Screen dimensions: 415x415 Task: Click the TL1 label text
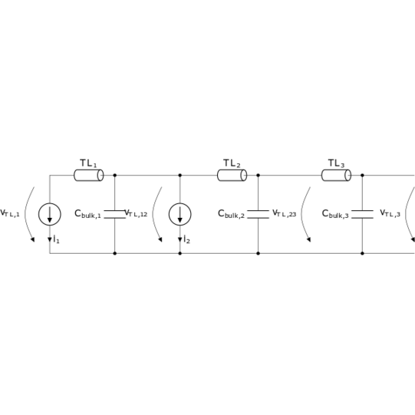88,163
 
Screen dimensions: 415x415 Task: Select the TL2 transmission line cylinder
232,175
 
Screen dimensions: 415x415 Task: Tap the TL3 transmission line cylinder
337,175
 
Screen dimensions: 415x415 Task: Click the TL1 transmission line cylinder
89,175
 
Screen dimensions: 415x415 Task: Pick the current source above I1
50,214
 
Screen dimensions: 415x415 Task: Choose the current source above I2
180,214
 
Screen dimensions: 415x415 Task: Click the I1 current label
56,239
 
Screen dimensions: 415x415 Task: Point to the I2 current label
187,239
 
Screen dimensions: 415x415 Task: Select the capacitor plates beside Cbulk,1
115,214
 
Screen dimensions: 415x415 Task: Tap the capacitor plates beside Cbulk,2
258,214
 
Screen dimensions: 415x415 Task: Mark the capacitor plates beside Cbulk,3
362,214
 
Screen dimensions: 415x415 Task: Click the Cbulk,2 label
232,214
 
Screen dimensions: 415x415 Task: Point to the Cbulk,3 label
335,214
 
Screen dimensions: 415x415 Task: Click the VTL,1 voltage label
10,213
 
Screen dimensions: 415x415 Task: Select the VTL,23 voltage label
285,213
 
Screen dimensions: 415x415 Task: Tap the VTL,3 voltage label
390,213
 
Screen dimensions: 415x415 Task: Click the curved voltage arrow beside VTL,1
25,214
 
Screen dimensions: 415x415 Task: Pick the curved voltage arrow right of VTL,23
302,214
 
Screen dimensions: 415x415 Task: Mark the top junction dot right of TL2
258,175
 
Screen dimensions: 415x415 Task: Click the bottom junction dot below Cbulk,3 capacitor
362,253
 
